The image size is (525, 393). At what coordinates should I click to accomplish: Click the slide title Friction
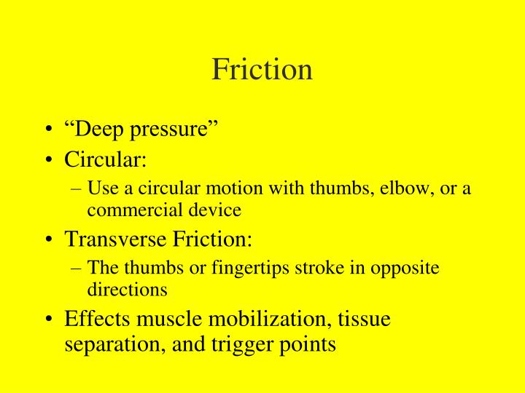click(x=262, y=69)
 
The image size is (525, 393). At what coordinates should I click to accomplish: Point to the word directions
click(x=128, y=289)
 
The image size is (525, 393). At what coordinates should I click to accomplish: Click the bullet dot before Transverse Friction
click(x=49, y=239)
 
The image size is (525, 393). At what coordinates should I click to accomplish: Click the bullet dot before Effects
click(x=49, y=319)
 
